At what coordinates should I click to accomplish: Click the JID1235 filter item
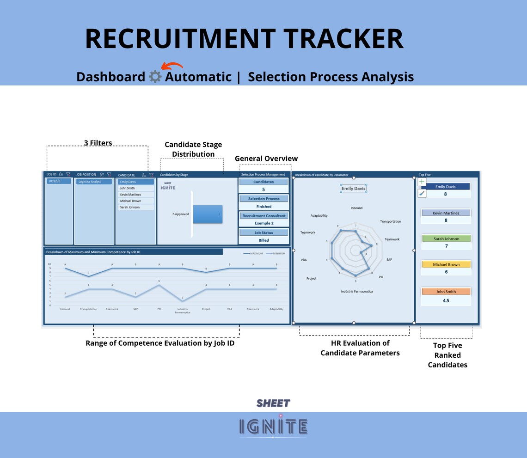[58, 182]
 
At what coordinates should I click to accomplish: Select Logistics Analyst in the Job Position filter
[94, 182]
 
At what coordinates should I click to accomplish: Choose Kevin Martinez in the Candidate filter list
[135, 195]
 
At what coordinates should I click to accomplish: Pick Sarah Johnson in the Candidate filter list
[135, 208]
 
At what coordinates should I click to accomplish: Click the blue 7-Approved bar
[207, 214]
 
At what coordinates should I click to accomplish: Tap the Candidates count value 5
[263, 189]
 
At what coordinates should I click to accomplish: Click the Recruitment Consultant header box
[263, 216]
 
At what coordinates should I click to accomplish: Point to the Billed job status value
[263, 240]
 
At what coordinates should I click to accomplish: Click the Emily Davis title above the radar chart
[354, 189]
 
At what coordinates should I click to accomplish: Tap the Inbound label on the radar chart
[356, 208]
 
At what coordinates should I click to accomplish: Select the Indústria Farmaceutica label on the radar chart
[356, 292]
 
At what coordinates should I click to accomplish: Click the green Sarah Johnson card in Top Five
[446, 239]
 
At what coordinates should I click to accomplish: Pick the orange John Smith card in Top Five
[446, 292]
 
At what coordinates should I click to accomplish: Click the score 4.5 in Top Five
[446, 300]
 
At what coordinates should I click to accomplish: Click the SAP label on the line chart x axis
[135, 309]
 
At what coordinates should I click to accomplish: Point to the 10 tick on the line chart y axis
[49, 264]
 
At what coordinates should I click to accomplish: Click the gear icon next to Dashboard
[155, 77]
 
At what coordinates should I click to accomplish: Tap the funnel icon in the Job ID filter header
[68, 175]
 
